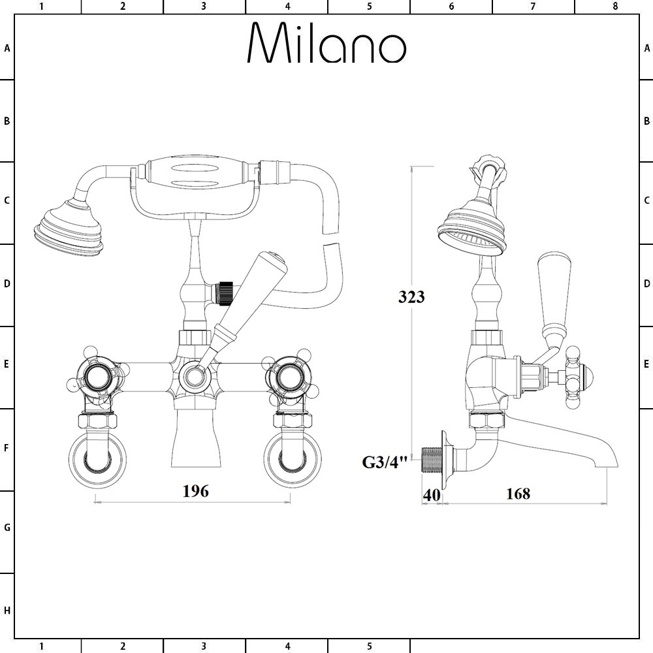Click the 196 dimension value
(x=196, y=491)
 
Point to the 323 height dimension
(x=411, y=296)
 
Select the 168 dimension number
(x=518, y=494)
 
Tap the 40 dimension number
(x=432, y=495)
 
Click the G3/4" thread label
(x=384, y=462)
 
